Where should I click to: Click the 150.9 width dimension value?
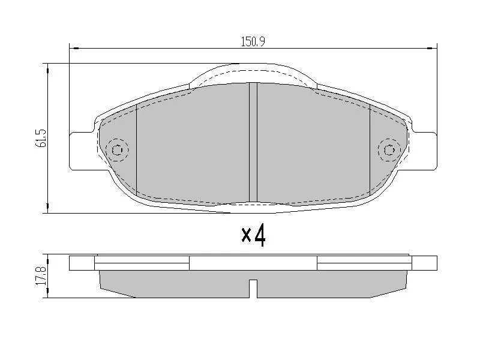[253, 41]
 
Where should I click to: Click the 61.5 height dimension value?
[41, 139]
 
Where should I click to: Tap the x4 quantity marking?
[253, 235]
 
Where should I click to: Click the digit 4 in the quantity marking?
[260, 235]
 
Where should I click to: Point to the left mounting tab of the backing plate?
[82, 150]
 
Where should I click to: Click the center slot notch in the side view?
[253, 288]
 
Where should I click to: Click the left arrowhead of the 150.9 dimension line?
[73, 48]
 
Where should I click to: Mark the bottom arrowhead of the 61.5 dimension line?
[47, 209]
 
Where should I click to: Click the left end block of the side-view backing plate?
[82, 263]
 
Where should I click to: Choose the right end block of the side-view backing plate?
[424, 263]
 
